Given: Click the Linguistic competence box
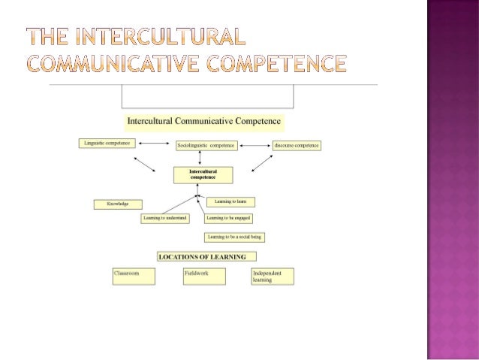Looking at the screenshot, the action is point(105,142).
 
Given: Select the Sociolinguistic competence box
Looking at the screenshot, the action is point(206,144).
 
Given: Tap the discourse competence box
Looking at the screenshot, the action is point(297,144).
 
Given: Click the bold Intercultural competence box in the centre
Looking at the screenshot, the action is point(203,175).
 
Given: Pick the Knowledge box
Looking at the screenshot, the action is point(118,204).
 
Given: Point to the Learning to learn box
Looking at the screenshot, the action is point(231,201).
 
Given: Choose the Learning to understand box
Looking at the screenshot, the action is point(165,218).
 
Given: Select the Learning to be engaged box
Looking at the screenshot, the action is point(228,218).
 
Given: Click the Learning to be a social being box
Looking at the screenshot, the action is point(234,237).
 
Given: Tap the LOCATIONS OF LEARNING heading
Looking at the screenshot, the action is point(203,256).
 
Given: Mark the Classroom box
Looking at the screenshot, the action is point(133,276).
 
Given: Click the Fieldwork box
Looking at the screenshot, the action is point(205,276).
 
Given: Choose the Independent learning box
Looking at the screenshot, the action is point(273,276).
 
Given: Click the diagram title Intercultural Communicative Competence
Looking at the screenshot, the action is point(204,120).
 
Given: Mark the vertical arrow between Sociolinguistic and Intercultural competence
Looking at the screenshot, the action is point(200,158).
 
